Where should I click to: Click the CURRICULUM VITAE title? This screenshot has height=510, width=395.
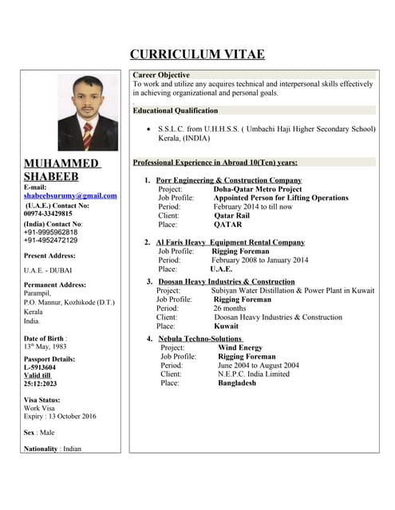tap(197, 54)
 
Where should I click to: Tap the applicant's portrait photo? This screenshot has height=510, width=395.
tap(88, 112)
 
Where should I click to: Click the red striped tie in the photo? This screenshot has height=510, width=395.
tap(87, 135)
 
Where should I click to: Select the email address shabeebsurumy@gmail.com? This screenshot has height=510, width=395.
tap(70, 195)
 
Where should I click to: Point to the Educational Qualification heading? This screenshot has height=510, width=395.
tap(176, 110)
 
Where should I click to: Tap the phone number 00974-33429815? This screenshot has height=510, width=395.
tap(48, 214)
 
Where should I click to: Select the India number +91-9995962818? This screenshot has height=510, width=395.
tap(51, 232)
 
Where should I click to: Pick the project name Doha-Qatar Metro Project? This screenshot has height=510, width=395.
tap(258, 189)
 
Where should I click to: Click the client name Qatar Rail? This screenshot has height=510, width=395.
tap(232, 215)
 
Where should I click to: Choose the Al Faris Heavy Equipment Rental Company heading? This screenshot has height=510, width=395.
tap(230, 242)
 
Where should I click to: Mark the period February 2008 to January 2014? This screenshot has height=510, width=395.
tap(259, 260)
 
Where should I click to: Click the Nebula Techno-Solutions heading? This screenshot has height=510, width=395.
tap(199, 339)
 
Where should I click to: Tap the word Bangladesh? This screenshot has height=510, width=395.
tap(237, 382)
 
